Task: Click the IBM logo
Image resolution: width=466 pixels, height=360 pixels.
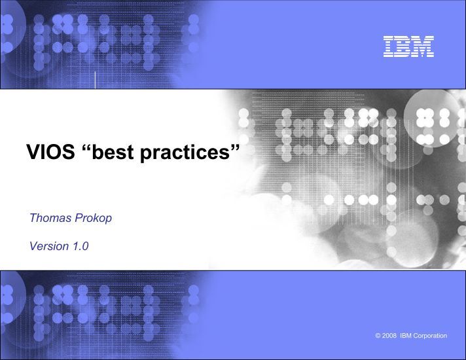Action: (408, 46)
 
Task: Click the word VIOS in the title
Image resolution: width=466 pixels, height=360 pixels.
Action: (50, 152)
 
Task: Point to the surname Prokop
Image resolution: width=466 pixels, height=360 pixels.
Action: (94, 219)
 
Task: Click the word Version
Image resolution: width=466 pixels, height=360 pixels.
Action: (49, 246)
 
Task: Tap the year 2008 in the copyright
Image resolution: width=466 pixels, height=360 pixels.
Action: (389, 336)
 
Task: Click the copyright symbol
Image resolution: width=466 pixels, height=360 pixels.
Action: (378, 336)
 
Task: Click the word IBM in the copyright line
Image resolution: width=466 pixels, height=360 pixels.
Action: (406, 336)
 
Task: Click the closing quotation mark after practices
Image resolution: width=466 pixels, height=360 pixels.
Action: (235, 147)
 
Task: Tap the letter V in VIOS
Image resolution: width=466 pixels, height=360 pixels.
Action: (33, 152)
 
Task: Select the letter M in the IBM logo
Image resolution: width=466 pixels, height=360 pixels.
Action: (423, 46)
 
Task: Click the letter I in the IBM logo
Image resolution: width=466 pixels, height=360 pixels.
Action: (388, 46)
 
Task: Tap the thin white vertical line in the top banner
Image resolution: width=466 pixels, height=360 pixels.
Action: (95, 80)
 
